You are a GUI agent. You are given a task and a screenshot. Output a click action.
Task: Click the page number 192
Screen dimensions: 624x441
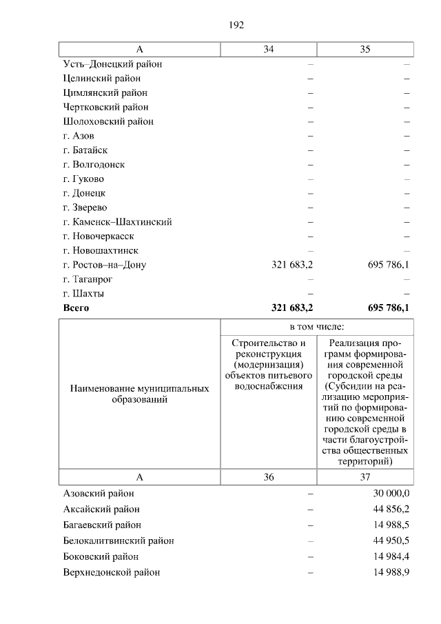pos(236,25)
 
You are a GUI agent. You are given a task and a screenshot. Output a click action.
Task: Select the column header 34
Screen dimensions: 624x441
pos(268,49)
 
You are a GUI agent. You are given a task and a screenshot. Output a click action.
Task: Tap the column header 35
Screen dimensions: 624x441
pos(365,49)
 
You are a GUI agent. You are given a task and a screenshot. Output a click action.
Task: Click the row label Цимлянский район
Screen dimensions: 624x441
pos(105,92)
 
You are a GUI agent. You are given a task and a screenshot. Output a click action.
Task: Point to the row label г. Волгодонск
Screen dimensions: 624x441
pos(94,165)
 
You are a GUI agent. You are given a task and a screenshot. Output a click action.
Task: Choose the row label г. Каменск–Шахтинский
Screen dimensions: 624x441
pos(117,222)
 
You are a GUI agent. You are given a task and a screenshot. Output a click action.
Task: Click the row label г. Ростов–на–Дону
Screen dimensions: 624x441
pos(104,265)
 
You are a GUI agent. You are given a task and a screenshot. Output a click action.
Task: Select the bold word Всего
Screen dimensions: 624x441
pos(76,308)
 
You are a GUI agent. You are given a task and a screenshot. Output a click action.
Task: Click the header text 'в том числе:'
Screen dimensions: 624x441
pos(317,326)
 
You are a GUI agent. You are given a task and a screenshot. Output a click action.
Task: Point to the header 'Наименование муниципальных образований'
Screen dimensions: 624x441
pos(140,394)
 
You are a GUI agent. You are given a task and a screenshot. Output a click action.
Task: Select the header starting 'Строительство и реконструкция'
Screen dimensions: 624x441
pos(269,365)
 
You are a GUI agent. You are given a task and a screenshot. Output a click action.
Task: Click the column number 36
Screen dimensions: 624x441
pos(268,477)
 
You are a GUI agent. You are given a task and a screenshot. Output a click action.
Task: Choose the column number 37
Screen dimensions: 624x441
pos(365,477)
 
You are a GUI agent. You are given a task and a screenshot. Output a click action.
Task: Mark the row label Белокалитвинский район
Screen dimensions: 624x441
pos(119,541)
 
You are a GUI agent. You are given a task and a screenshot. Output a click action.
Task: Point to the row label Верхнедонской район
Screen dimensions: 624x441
pos(112,572)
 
